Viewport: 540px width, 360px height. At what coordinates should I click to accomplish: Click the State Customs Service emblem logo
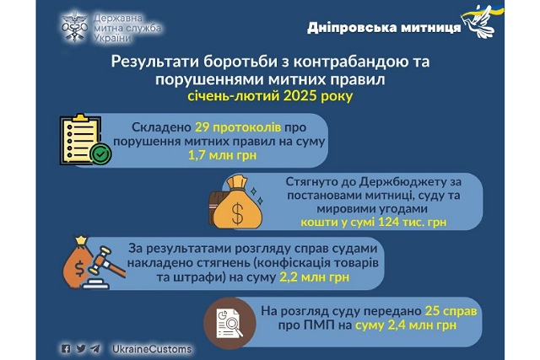point(75,27)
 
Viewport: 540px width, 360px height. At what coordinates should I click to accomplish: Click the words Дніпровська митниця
point(384,27)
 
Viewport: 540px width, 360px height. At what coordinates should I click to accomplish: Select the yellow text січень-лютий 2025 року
point(270,95)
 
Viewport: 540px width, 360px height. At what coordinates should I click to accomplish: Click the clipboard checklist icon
point(81,139)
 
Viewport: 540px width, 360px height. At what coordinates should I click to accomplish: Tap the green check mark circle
point(100,154)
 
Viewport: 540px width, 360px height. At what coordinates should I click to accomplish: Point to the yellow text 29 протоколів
point(238,127)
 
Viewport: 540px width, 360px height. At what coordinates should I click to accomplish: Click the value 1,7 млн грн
point(223,155)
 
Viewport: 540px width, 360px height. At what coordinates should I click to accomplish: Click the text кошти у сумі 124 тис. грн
point(373,222)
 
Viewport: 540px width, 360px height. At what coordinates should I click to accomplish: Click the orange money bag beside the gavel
point(78,262)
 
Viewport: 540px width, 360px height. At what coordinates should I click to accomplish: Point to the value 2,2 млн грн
point(315,277)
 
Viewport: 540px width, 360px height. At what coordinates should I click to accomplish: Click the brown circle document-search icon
point(229,323)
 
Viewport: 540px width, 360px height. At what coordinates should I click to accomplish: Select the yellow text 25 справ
point(451,311)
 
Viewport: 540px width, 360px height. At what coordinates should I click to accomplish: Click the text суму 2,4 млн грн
point(406,325)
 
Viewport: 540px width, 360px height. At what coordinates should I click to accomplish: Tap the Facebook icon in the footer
point(66,349)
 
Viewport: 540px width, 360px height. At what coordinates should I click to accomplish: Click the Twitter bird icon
point(81,349)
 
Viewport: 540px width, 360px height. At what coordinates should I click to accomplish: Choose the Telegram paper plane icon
point(95,349)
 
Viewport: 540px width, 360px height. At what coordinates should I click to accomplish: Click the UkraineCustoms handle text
point(152,349)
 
